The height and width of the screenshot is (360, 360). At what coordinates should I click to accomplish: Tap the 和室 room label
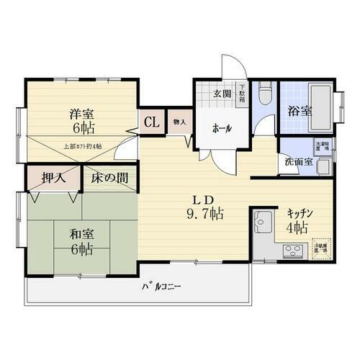point(81,234)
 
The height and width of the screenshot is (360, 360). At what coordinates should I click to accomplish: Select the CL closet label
point(152,122)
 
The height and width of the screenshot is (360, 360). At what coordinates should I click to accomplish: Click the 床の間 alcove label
point(109,177)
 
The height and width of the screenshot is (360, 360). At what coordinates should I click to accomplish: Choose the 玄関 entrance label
point(222,94)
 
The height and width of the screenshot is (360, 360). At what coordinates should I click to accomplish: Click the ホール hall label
point(221,127)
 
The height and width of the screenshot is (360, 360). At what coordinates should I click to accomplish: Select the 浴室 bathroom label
point(300,112)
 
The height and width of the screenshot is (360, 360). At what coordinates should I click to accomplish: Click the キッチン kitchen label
point(300,213)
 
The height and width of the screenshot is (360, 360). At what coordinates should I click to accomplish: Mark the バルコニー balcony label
point(161,287)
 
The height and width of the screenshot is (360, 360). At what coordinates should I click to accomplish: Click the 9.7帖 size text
point(206,214)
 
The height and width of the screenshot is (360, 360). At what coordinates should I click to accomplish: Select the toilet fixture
point(264,94)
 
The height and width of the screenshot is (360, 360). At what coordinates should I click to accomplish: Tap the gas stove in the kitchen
point(294,251)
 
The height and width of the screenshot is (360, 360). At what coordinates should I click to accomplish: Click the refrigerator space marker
point(321,247)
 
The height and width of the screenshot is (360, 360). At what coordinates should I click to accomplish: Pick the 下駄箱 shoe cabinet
point(242,94)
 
